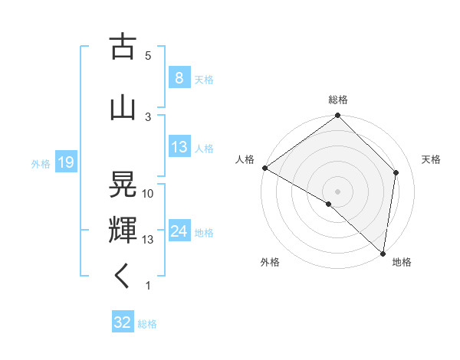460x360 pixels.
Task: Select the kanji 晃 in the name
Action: click(123, 184)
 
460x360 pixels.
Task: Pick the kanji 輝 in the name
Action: click(123, 229)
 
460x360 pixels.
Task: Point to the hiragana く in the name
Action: click(123, 275)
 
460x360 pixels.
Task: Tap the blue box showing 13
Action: click(179, 147)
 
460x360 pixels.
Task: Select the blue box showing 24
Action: click(179, 231)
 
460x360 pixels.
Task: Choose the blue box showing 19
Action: click(65, 162)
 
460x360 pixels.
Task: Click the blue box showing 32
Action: click(123, 322)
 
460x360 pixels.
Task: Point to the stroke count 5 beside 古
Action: click(148, 55)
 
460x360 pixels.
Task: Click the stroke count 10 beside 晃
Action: click(148, 194)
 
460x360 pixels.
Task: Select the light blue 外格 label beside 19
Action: click(40, 163)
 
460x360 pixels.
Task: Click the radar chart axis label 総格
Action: click(338, 100)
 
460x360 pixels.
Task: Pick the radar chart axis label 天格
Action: click(432, 159)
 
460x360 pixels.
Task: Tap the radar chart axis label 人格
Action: click(245, 159)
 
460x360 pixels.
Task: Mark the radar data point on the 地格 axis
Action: click(383, 253)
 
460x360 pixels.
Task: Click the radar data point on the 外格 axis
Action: click(329, 204)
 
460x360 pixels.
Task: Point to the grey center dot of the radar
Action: click(338, 191)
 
